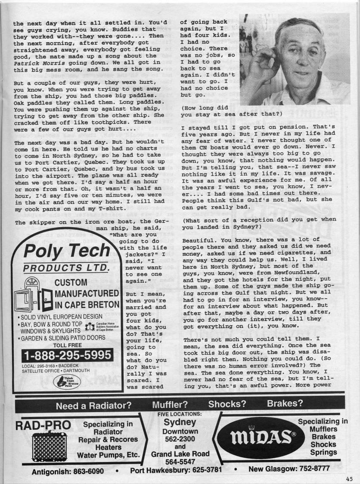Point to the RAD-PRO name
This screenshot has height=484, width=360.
tap(43, 425)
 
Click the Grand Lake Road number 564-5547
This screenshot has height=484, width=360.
tap(180, 462)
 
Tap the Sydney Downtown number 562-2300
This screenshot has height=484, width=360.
tap(180, 439)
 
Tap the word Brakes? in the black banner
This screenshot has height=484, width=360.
tap(285, 404)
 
